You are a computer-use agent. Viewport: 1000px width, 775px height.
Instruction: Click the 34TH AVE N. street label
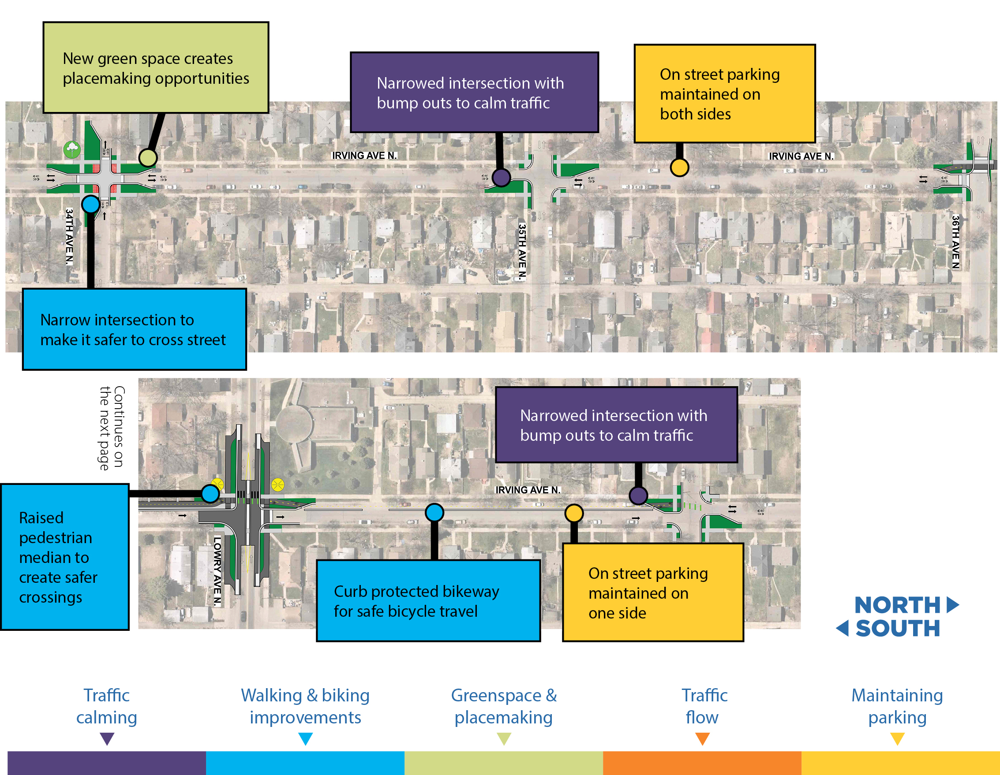(x=69, y=237)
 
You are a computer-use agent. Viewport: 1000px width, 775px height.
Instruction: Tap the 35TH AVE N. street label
(x=522, y=251)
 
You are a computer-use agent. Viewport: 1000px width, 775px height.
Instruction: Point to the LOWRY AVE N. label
(x=217, y=571)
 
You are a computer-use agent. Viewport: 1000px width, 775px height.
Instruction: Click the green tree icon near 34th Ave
(x=72, y=149)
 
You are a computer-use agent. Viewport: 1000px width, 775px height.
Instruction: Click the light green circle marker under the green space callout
(x=148, y=158)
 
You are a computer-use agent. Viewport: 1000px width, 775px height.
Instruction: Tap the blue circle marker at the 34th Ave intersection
(x=91, y=204)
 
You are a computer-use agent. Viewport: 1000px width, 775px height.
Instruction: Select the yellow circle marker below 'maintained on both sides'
(x=679, y=168)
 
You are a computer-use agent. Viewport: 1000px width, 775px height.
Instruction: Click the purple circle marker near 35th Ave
(x=502, y=178)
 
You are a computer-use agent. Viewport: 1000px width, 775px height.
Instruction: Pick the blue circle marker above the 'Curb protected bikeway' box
(x=434, y=512)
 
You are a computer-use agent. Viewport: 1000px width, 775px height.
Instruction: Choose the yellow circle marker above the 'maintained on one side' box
(x=574, y=513)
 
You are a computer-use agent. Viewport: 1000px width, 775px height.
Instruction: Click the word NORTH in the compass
(x=897, y=605)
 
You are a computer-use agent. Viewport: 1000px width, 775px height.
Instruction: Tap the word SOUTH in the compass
(x=897, y=628)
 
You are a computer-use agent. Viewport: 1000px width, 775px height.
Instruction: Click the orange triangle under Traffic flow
(x=702, y=738)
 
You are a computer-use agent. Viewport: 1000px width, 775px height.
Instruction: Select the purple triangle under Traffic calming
(x=107, y=738)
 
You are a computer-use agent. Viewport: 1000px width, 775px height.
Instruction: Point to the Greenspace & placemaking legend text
(x=504, y=706)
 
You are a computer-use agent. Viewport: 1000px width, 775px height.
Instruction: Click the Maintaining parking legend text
(x=897, y=706)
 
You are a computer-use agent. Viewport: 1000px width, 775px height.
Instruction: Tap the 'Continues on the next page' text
(x=112, y=428)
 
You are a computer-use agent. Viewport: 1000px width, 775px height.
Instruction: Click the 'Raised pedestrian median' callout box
(x=65, y=557)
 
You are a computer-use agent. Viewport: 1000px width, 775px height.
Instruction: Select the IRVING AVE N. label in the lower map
(x=528, y=490)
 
